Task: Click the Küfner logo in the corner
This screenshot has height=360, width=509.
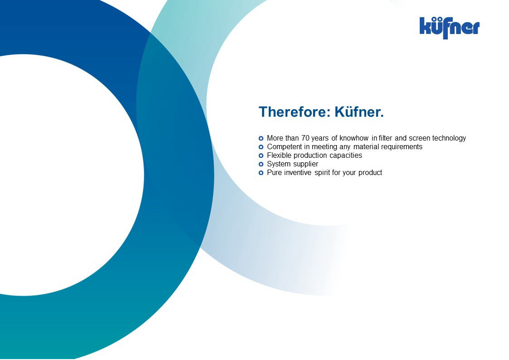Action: [x=449, y=28]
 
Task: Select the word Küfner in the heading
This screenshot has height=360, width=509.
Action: [x=359, y=112]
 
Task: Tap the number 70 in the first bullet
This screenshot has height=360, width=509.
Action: [x=305, y=138]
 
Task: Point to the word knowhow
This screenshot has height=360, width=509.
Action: [x=354, y=138]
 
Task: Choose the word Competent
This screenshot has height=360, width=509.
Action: [x=284, y=147]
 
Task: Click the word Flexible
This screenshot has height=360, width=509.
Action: [x=279, y=155]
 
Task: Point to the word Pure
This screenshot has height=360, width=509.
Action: [x=274, y=172]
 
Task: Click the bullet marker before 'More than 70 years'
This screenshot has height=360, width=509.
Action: [x=261, y=138]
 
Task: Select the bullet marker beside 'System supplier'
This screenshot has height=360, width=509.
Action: [x=261, y=164]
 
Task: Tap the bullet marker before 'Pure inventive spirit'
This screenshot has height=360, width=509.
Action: [x=261, y=173]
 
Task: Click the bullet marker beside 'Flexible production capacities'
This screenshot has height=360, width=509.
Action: [x=261, y=156]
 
